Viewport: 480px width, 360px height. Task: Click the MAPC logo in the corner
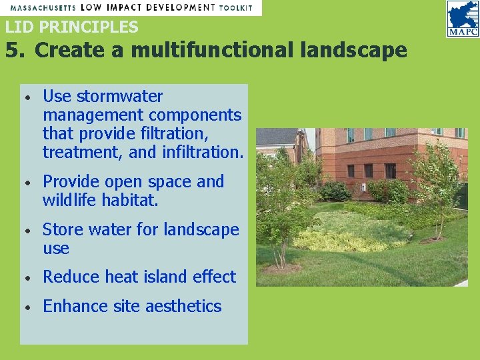tap(463, 19)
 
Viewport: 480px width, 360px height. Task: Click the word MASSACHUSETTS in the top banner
tap(41, 7)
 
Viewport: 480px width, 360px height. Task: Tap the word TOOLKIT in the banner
tap(237, 7)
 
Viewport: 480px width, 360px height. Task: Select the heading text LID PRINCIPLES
tap(71, 27)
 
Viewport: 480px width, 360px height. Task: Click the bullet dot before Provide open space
tap(26, 183)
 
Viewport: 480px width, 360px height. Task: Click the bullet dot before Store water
tap(26, 231)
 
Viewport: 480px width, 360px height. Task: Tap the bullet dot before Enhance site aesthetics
tap(26, 307)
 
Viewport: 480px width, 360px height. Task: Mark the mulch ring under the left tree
tap(282, 268)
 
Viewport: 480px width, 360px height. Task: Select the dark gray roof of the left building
tap(276, 136)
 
